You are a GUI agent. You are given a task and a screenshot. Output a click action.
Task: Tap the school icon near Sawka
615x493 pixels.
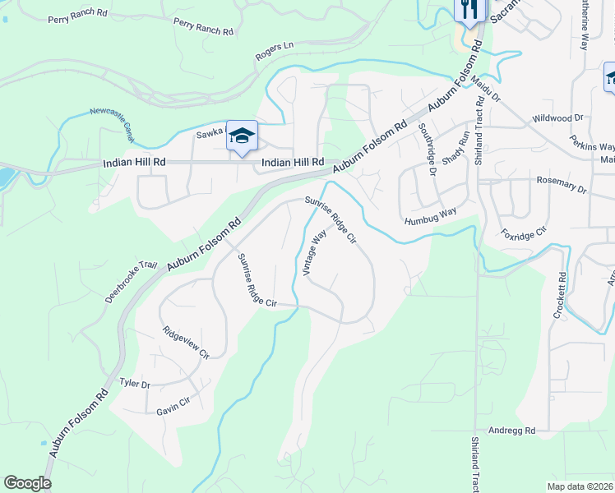coord(243,136)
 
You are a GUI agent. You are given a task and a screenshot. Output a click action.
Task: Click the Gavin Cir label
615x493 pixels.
coord(173,402)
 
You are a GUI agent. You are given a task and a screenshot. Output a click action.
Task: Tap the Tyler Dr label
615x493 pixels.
coord(135,384)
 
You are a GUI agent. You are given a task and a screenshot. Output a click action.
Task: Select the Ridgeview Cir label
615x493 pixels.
coord(186,343)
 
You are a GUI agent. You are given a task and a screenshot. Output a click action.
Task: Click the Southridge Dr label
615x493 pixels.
coord(426,149)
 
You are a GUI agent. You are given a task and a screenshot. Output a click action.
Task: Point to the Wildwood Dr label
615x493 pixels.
coord(557,118)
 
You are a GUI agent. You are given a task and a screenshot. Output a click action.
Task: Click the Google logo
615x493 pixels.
coord(27,482)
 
